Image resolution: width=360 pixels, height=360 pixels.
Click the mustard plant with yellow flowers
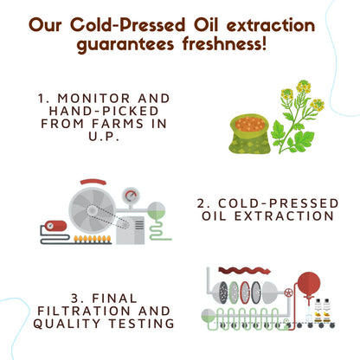click(299, 112)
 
